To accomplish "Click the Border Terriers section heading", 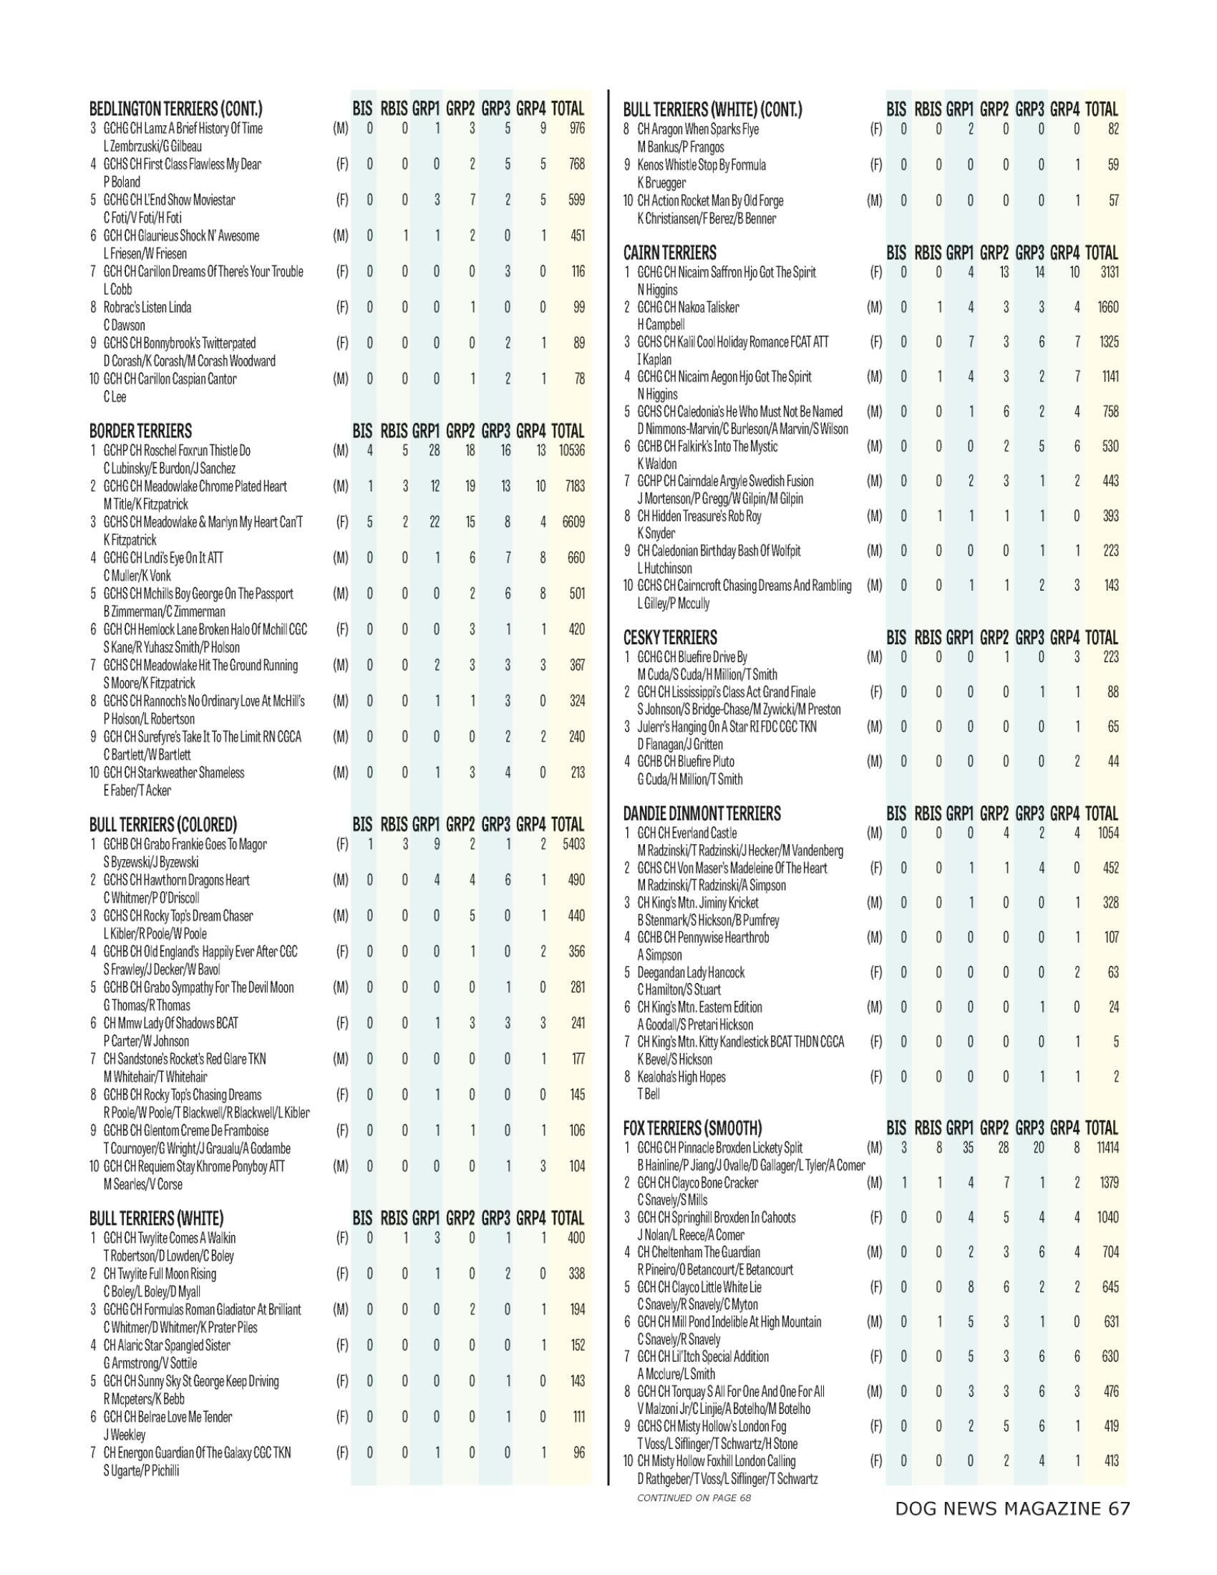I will pyautogui.click(x=140, y=431).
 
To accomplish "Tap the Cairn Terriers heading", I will pyautogui.click(x=670, y=253).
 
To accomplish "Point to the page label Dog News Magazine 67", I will pyautogui.click(x=1012, y=1508).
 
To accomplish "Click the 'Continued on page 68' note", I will pyautogui.click(x=694, y=1498).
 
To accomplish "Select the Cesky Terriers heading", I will pyautogui.click(x=670, y=637).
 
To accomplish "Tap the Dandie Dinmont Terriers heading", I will pyautogui.click(x=702, y=813).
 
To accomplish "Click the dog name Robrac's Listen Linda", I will pyautogui.click(x=147, y=307).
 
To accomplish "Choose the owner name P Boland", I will pyautogui.click(x=122, y=182).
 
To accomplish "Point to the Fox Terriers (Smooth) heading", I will pyautogui.click(x=693, y=1128).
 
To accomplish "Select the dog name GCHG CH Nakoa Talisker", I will pyautogui.click(x=688, y=307).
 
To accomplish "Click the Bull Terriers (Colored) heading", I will pyautogui.click(x=163, y=824).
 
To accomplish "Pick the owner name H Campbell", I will pyautogui.click(x=661, y=324).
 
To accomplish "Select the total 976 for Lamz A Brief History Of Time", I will pyautogui.click(x=576, y=128).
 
